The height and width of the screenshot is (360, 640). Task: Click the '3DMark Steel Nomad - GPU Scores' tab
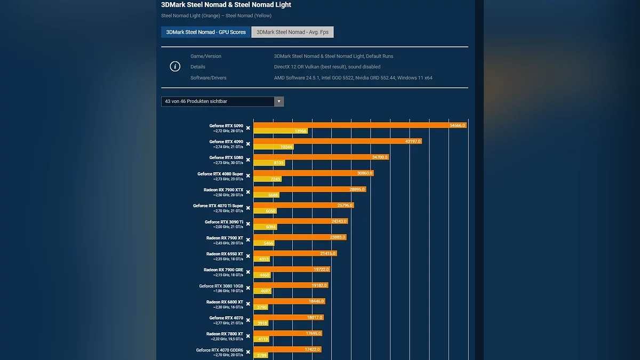[x=206, y=32]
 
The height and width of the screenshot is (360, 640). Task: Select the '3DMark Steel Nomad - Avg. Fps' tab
[x=292, y=32]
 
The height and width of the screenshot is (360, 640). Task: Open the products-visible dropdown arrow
[x=278, y=101]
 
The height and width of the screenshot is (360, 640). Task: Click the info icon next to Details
[x=175, y=67]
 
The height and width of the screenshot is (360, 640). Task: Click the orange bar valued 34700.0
[x=321, y=157]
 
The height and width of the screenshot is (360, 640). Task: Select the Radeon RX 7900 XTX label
[x=223, y=190]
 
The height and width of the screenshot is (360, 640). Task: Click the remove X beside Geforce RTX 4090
[x=248, y=144]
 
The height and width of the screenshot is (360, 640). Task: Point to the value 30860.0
[x=365, y=173]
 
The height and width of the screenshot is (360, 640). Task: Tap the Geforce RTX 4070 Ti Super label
[x=218, y=206]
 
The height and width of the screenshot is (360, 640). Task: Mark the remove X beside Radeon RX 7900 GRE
[x=248, y=272]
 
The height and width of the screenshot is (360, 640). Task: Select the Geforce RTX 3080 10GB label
[x=221, y=286]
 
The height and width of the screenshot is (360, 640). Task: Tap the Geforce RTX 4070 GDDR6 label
[x=219, y=350]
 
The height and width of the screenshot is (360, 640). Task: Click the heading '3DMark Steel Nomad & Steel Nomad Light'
[x=226, y=5]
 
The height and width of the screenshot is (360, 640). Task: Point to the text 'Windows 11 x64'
[x=415, y=78]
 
